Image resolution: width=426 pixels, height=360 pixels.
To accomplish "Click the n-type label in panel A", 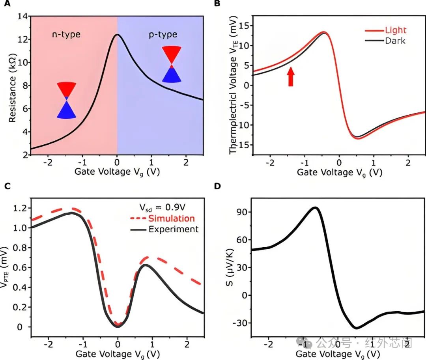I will click(66, 34).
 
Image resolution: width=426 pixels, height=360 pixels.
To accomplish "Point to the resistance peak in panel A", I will click(117, 35).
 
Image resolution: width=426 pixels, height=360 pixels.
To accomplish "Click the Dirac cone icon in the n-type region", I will click(66, 100).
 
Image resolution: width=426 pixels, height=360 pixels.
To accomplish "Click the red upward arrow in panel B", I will click(291, 76).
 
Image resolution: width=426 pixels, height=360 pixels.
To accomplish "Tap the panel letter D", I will click(217, 186).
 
